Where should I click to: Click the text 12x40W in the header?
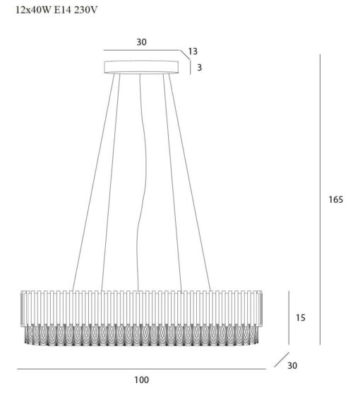[33, 10]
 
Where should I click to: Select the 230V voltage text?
[86, 10]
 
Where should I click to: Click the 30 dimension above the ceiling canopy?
[142, 42]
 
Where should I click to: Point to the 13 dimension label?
[193, 52]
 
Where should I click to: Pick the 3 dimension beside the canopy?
[200, 68]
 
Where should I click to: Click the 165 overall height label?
[336, 199]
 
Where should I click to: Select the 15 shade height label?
[301, 318]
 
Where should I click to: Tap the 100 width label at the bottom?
[142, 380]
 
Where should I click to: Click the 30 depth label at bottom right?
[292, 366]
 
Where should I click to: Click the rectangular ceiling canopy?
[141, 67]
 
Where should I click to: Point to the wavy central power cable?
[143, 182]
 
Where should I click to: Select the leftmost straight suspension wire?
[93, 182]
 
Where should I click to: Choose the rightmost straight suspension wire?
[190, 182]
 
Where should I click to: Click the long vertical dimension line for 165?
[320, 199]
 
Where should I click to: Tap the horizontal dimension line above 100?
[142, 369]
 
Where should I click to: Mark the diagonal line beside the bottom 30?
[282, 360]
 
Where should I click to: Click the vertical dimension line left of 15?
[289, 318]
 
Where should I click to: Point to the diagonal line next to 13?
[185, 55]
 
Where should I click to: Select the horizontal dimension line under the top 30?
[141, 50]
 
